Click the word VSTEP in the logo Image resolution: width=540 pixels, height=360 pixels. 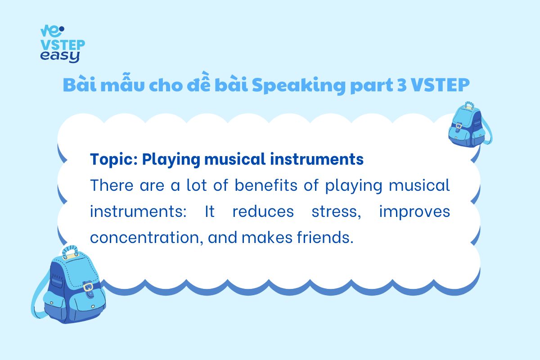[63, 45]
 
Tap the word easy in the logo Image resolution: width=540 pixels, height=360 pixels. [60, 57]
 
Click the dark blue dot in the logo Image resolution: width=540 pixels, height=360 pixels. [62, 29]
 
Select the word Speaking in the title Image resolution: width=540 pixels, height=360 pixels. [299, 85]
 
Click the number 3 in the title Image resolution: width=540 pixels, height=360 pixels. [402, 85]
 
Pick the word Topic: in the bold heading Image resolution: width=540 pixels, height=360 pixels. [114, 160]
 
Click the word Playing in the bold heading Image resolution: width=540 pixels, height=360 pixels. [171, 160]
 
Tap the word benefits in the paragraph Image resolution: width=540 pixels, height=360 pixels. [266, 185]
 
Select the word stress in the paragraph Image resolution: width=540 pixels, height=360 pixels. [336, 211]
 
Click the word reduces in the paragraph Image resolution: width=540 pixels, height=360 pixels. [263, 211]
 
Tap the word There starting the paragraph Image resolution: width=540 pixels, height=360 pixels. [112, 185]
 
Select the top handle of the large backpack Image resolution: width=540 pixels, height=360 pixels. [70, 252]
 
